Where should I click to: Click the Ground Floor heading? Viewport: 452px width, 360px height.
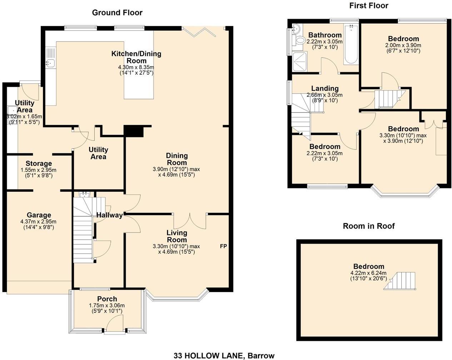point(117,13)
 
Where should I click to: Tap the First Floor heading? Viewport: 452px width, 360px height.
point(369,6)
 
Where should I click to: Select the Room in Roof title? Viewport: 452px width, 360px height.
point(369,226)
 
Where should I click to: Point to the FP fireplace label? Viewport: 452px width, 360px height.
point(223,246)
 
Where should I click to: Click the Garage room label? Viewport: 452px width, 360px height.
point(39,215)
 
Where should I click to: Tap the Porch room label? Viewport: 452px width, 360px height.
point(107,299)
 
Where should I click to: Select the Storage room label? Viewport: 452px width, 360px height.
point(39,164)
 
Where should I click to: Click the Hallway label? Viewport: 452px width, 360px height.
point(109,215)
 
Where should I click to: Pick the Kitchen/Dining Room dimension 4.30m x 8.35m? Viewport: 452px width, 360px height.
point(136,67)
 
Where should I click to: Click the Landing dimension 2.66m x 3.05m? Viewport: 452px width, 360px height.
point(324,95)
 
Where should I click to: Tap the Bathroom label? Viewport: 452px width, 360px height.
point(325,35)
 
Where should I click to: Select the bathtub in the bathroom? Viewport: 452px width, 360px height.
point(351,44)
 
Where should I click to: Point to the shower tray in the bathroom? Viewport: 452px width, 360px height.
point(299,62)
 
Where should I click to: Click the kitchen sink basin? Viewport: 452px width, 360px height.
point(50,62)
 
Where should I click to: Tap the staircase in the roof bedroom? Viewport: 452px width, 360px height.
point(400,281)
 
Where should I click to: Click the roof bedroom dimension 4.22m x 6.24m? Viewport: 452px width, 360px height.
point(368,273)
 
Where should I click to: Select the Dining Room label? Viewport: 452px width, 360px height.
point(177,159)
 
